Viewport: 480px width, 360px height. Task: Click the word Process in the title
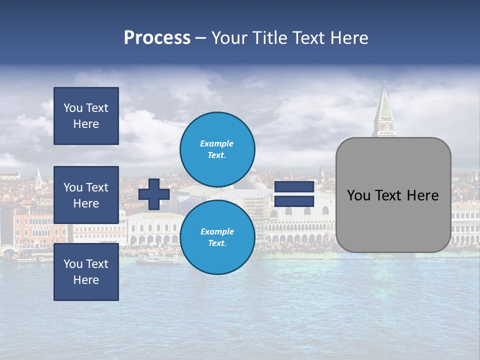(157, 38)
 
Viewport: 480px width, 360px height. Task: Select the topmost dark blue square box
(86, 116)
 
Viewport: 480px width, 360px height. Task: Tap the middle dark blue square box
(86, 195)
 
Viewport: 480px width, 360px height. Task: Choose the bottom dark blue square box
(86, 271)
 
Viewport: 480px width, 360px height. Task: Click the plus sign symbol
(154, 194)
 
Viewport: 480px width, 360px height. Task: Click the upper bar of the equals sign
(294, 187)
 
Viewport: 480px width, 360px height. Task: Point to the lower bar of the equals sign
(294, 201)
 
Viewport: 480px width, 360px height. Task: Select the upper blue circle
(217, 149)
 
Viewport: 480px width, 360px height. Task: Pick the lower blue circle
(217, 237)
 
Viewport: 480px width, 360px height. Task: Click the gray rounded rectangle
(393, 220)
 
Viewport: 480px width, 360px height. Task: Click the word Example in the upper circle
(216, 143)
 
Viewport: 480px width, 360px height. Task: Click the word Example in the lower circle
(217, 231)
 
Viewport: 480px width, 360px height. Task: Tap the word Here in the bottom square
(86, 280)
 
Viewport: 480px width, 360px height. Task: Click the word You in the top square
(72, 108)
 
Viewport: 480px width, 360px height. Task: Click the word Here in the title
(348, 38)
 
